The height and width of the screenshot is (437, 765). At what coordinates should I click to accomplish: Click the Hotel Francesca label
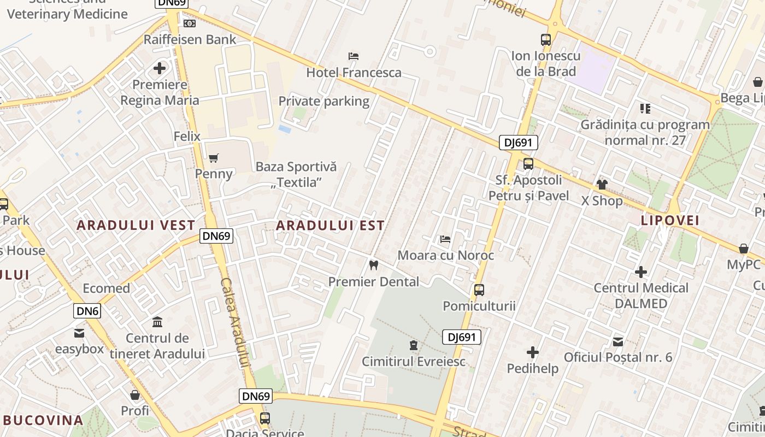[x=354, y=72]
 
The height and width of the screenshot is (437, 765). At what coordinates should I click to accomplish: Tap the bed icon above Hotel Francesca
[x=354, y=56]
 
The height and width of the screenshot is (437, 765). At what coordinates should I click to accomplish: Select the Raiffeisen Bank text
[x=190, y=39]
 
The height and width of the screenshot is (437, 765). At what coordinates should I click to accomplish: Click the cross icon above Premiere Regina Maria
[x=160, y=68]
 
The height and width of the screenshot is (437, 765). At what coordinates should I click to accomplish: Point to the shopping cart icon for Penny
[x=214, y=158]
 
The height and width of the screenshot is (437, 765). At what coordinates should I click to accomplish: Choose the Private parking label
[x=324, y=101]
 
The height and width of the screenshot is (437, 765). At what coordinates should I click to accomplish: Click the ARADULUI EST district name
[x=330, y=225]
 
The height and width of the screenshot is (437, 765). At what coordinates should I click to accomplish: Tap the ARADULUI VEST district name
[x=136, y=225]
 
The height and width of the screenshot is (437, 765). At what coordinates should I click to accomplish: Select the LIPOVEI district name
[x=670, y=220]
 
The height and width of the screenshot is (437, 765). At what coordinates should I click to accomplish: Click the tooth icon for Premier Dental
[x=374, y=265]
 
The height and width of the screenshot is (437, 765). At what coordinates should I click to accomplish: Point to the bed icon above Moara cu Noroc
[x=445, y=239]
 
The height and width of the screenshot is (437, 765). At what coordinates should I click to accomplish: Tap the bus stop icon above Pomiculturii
[x=479, y=290]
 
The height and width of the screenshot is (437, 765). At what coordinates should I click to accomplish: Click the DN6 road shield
[x=87, y=311]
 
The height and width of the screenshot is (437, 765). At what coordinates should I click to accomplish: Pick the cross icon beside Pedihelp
[x=533, y=352]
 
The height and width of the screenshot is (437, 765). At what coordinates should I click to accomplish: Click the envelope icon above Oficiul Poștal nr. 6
[x=618, y=341]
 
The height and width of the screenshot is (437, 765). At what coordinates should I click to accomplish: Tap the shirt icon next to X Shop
[x=602, y=185]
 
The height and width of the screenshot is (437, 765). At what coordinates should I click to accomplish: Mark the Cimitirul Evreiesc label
[x=414, y=361]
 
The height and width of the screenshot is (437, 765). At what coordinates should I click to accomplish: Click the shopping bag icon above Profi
[x=135, y=394]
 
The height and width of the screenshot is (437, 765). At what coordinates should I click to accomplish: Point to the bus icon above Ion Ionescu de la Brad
[x=546, y=39]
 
